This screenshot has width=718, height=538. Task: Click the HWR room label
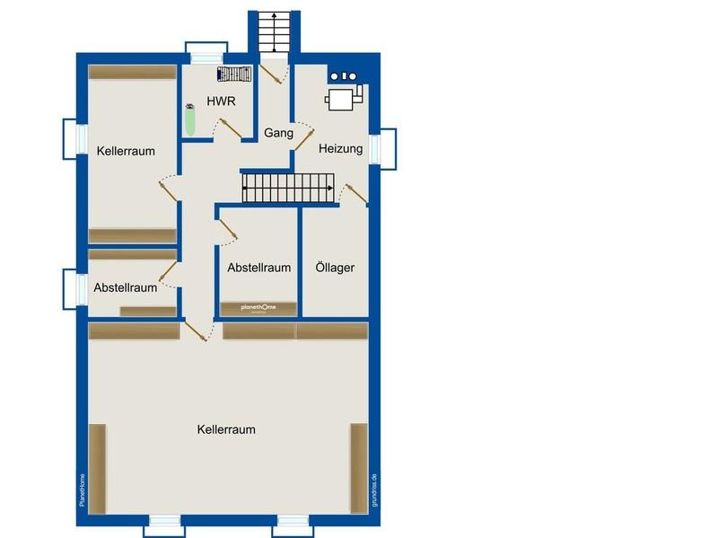click(221, 101)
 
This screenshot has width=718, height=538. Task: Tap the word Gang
click(278, 133)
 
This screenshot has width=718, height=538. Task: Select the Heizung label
click(341, 148)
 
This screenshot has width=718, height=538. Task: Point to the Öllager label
click(335, 267)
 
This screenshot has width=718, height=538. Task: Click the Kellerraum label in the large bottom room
click(226, 429)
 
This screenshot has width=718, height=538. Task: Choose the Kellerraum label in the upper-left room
click(126, 151)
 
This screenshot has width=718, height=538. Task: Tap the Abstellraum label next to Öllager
click(259, 268)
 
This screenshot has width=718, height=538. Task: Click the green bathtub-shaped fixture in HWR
click(190, 120)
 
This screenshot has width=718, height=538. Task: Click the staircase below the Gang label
click(288, 188)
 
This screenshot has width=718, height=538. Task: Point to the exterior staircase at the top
click(275, 31)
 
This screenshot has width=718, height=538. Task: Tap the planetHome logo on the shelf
click(258, 307)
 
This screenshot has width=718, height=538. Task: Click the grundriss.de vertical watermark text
click(374, 489)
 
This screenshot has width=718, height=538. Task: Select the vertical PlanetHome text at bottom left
click(82, 489)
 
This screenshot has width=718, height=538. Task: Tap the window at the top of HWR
click(206, 53)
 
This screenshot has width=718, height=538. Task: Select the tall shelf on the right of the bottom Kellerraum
click(359, 468)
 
